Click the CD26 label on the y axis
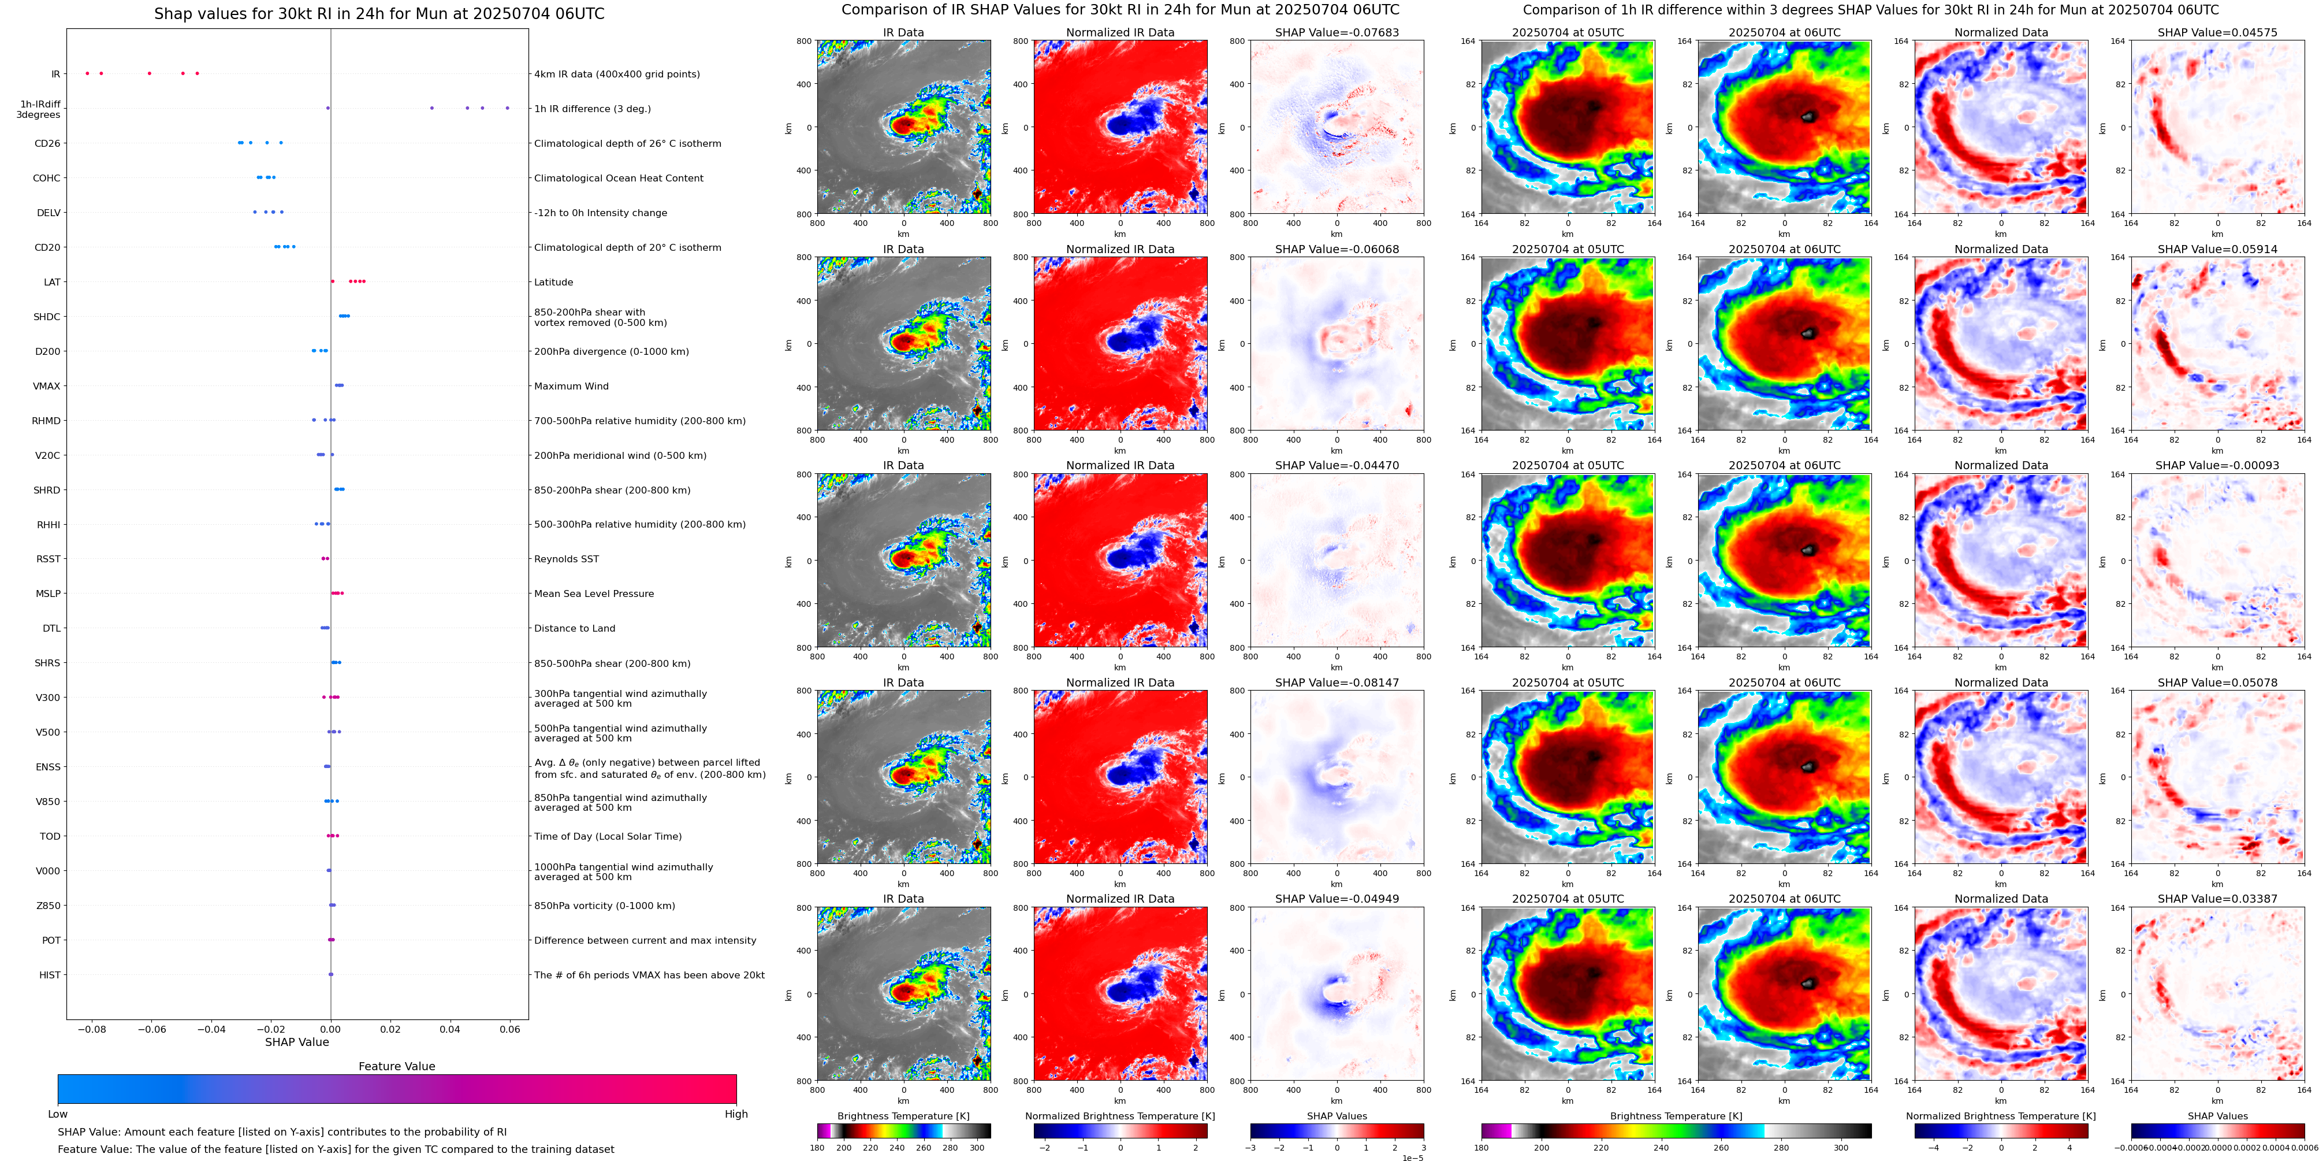click(x=47, y=143)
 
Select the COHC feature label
click(x=47, y=179)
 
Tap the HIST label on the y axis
click(x=50, y=974)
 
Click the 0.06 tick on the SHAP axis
click(x=509, y=1029)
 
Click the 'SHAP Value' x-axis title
click(x=297, y=1042)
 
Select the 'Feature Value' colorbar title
click(x=396, y=1066)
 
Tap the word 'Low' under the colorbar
click(x=58, y=1114)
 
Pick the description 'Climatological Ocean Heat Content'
click(x=619, y=179)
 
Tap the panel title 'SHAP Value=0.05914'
click(x=2217, y=250)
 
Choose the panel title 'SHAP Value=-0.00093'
click(x=2217, y=466)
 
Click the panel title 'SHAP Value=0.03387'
click(x=2217, y=899)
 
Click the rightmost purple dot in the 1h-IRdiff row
click(x=508, y=108)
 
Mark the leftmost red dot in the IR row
click(x=87, y=73)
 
